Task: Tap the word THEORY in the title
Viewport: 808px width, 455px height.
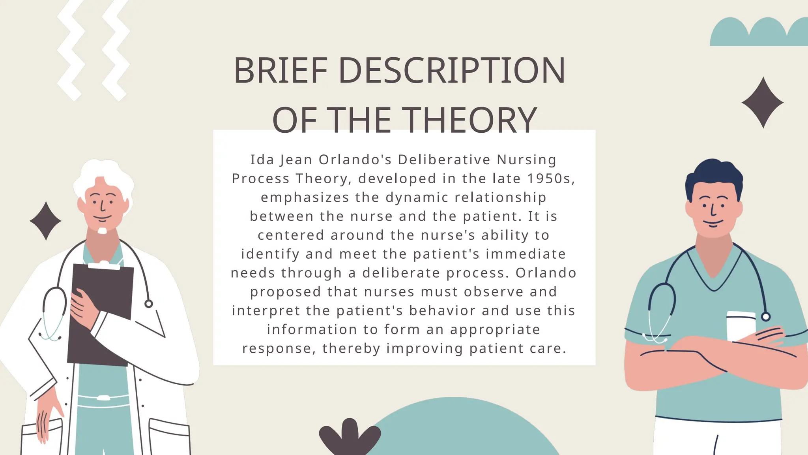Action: point(471,120)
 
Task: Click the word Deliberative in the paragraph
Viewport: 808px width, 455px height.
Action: point(444,160)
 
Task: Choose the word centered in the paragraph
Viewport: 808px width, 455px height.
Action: point(291,235)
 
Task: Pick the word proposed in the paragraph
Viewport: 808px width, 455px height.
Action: point(286,292)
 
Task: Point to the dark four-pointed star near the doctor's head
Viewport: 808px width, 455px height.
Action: point(46,221)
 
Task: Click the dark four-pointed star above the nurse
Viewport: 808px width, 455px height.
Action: point(763,103)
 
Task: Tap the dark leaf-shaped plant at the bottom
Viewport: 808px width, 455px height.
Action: point(350,436)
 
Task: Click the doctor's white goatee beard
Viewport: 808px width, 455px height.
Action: point(102,231)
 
